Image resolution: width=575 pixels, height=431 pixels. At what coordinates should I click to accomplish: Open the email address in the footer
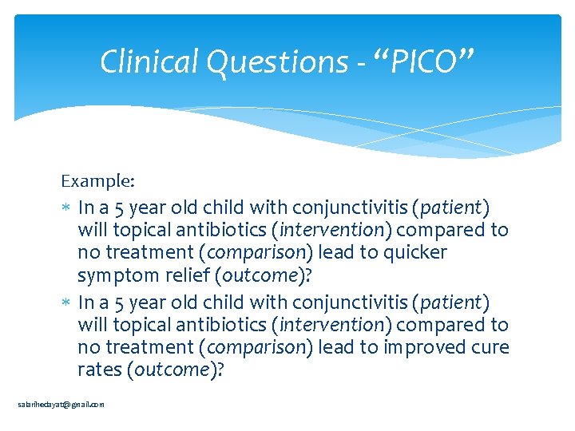pos(61,405)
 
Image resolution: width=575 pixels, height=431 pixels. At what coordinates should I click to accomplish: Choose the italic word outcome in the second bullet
pos(172,370)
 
